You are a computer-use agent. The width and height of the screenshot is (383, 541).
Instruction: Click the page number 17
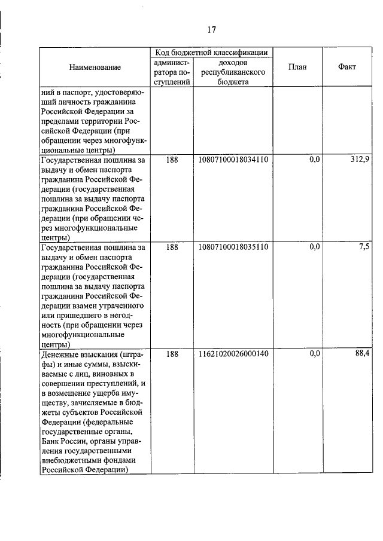(x=211, y=30)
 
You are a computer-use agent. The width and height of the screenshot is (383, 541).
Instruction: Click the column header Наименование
(x=95, y=67)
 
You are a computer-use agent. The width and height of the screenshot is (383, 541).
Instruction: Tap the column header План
(x=297, y=67)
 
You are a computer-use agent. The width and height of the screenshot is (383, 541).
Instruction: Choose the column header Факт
(x=346, y=67)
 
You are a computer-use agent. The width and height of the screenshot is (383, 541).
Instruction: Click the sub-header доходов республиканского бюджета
(x=233, y=72)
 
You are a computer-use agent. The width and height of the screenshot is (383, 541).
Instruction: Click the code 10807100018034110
(x=233, y=160)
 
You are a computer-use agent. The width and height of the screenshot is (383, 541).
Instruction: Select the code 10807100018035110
(x=233, y=246)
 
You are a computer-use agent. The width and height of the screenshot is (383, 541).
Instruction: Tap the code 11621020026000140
(x=233, y=354)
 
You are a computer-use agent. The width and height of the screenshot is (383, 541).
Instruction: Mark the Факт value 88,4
(x=362, y=354)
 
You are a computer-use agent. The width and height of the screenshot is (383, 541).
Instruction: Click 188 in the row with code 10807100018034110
(x=172, y=160)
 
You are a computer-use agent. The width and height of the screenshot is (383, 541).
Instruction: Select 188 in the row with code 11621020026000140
(x=172, y=354)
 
